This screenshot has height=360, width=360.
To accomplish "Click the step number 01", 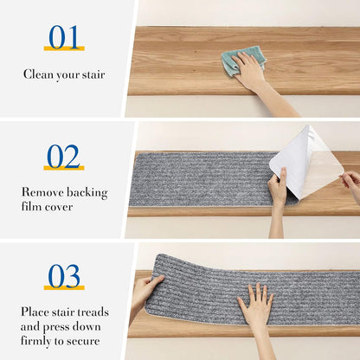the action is click(x=64, y=37).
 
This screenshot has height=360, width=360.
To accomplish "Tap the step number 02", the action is click(x=63, y=157).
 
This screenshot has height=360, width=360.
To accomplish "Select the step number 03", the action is click(x=64, y=276).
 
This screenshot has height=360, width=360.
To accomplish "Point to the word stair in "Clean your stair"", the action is click(x=93, y=74).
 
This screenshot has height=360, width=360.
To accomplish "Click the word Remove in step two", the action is click(x=38, y=192).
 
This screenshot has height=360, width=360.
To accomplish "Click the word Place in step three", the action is click(x=35, y=312).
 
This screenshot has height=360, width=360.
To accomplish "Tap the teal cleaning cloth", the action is click(x=244, y=61).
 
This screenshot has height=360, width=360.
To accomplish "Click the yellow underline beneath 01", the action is click(x=64, y=48).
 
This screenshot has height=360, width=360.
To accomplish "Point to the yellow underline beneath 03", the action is click(x=64, y=287).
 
